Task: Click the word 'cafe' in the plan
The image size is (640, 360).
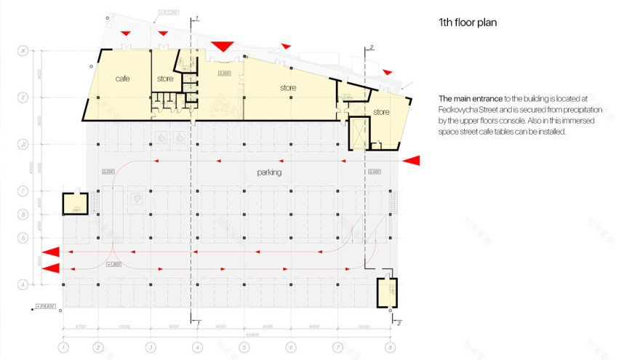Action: pos(122,79)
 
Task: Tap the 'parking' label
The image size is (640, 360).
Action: pos(269,173)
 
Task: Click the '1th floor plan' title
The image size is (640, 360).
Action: pos(468,23)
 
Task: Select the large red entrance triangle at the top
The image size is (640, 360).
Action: pos(222,47)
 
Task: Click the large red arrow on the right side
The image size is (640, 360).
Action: pos(412,160)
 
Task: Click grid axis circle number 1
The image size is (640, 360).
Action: pos(63,348)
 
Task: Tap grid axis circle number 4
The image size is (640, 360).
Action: pos(197,348)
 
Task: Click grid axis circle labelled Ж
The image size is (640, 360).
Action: pos(23,50)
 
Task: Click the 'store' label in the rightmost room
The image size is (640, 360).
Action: pos(381,112)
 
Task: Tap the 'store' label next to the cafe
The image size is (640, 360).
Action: pos(164,79)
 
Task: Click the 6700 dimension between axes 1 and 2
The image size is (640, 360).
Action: pos(80,327)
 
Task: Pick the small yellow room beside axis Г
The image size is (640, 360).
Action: pos(75,204)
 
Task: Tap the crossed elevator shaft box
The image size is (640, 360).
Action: pos(359,132)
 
